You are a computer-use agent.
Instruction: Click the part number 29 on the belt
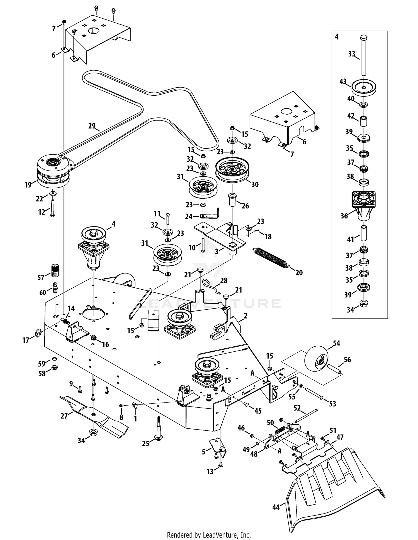(92, 126)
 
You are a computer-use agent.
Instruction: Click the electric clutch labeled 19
(54, 171)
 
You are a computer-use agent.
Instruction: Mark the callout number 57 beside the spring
(41, 277)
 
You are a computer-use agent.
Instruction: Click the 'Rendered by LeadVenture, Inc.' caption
(209, 535)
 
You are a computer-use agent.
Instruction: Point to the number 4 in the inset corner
(337, 37)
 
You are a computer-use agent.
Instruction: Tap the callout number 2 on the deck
(245, 316)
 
